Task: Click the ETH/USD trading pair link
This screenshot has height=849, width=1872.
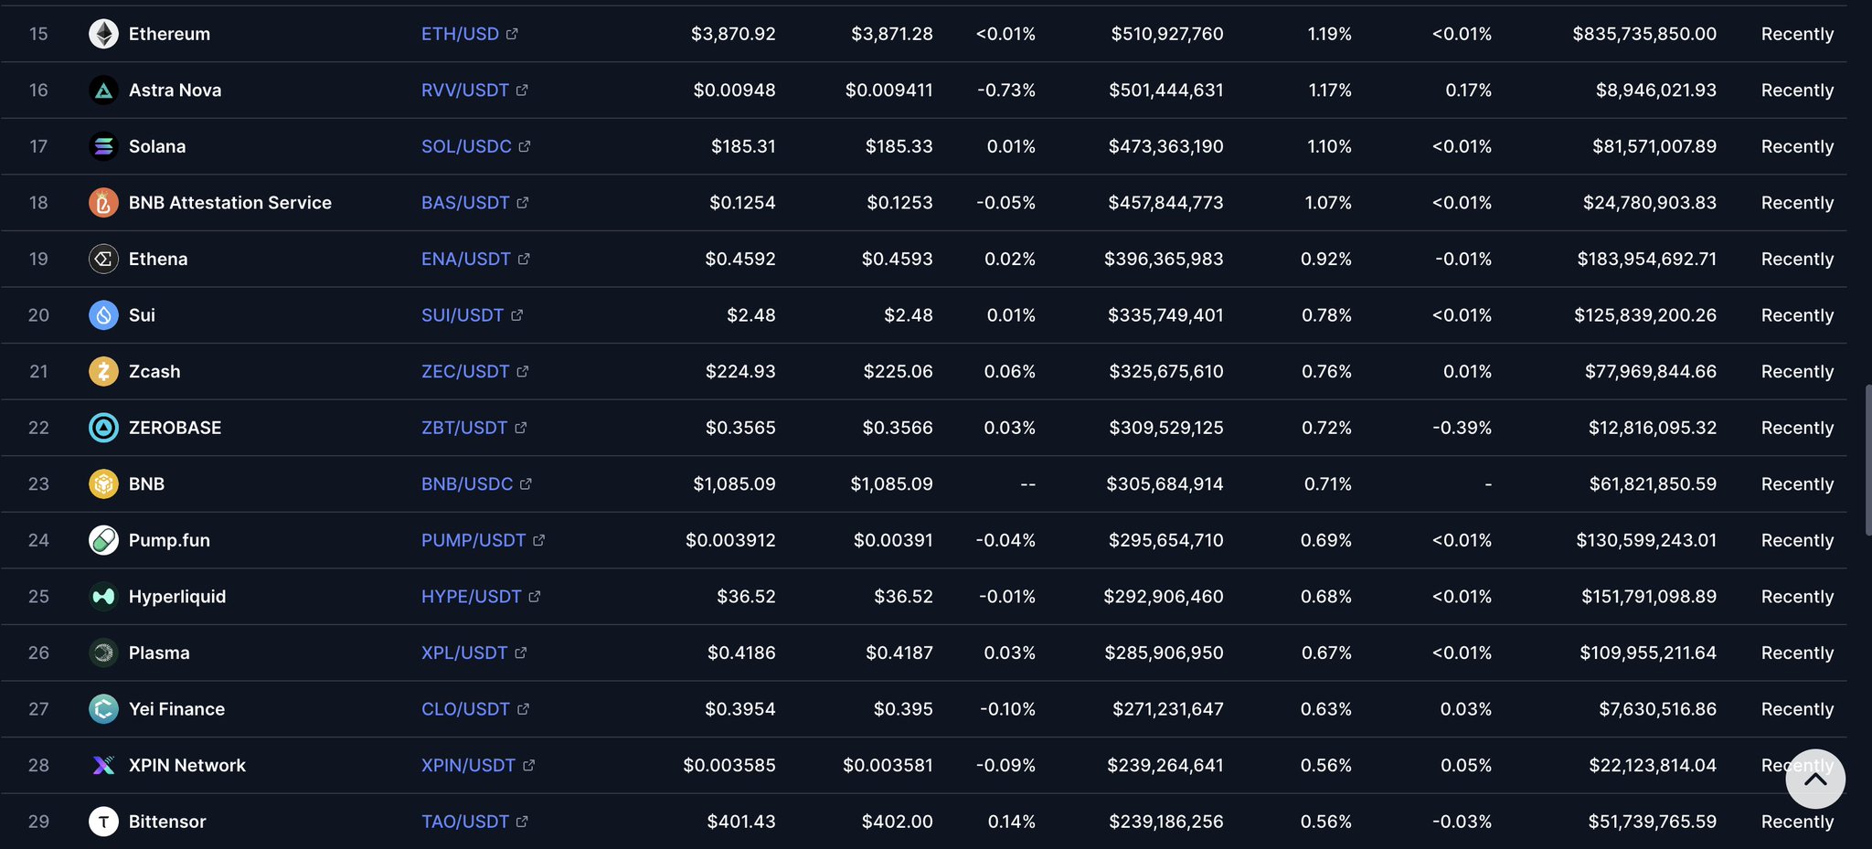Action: [x=460, y=34]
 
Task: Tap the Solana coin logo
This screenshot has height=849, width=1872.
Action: [x=103, y=146]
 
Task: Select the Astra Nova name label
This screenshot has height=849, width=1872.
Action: [x=175, y=90]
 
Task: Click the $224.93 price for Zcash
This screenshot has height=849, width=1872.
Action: [x=739, y=371]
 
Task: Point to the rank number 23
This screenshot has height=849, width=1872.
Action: [x=38, y=483]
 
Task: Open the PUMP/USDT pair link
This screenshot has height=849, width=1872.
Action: [x=473, y=540]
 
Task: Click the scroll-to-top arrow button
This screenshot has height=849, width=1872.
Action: [x=1815, y=780]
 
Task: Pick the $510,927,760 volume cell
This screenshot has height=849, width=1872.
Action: [x=1166, y=34]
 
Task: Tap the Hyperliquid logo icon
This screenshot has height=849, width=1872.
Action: [x=103, y=597]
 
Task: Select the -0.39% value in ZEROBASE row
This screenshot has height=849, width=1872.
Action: [x=1462, y=428]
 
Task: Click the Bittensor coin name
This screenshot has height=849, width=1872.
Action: [x=167, y=822]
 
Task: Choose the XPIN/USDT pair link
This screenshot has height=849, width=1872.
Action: [x=468, y=765]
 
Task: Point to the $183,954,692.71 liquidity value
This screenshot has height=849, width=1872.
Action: [x=1646, y=259]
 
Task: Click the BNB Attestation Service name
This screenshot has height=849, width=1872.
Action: [x=229, y=203]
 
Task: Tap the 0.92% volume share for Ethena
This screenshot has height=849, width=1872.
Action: [x=1325, y=259]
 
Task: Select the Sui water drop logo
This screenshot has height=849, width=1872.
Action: [x=103, y=315]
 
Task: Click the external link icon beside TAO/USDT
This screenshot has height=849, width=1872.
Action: [x=522, y=822]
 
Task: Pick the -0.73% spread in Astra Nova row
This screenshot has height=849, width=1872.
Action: [x=1005, y=90]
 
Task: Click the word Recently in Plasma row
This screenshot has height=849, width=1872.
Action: [x=1797, y=653]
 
